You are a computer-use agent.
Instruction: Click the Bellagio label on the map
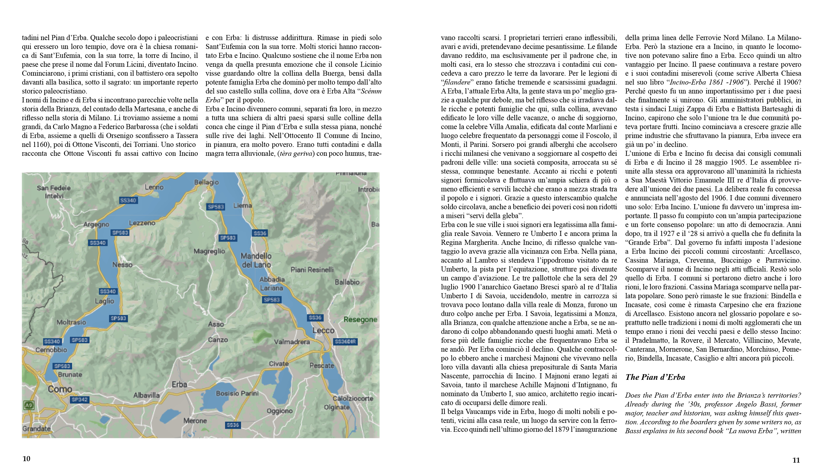206,182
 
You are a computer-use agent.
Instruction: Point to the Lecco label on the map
323,330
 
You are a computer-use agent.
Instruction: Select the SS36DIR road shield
345,342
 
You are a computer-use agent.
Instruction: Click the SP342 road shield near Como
79,400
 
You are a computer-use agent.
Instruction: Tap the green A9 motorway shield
29,405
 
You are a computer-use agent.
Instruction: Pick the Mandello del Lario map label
256,260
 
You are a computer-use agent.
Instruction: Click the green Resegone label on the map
360,320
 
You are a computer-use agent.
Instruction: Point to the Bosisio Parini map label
237,393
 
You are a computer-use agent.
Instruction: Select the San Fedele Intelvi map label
54,192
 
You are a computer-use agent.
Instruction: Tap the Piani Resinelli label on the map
312,270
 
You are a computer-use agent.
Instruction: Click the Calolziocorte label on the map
353,398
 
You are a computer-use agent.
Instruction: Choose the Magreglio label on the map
209,251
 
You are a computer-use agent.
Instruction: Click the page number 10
26,459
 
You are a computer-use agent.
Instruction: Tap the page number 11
796,460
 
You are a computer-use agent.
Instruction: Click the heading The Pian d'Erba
655,377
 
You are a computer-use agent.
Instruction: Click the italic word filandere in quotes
457,82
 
